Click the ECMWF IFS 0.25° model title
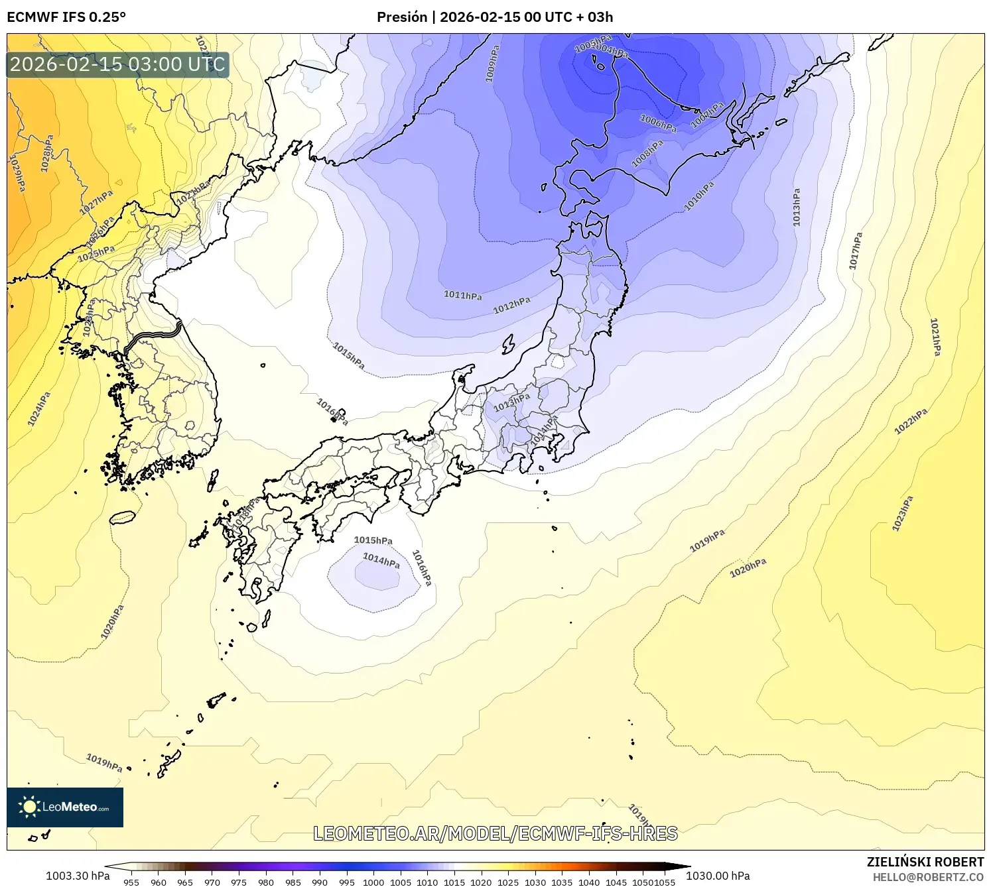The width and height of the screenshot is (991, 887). (x=66, y=17)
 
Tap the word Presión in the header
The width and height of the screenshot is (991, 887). (x=401, y=17)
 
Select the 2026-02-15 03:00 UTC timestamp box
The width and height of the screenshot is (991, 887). (x=117, y=65)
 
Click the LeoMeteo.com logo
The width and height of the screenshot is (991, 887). (x=65, y=807)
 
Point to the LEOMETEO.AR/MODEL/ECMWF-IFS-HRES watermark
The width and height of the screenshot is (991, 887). (x=495, y=833)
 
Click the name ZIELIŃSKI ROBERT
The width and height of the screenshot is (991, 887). (x=925, y=862)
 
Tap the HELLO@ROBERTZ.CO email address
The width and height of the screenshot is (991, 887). (x=928, y=877)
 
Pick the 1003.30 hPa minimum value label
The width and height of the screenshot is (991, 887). (x=78, y=876)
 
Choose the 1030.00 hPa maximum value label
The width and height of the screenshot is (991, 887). (x=718, y=876)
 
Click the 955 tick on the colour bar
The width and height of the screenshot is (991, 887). (x=131, y=882)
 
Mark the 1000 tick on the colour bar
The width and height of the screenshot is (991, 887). (x=373, y=882)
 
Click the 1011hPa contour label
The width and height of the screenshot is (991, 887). (x=462, y=295)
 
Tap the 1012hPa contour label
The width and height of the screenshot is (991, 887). (x=511, y=305)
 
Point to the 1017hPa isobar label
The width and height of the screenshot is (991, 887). (x=856, y=251)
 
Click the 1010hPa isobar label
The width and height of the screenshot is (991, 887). (x=699, y=196)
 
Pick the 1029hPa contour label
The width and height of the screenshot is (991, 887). (x=17, y=173)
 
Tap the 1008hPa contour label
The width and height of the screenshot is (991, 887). (x=647, y=153)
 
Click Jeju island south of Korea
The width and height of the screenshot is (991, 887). (x=122, y=516)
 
